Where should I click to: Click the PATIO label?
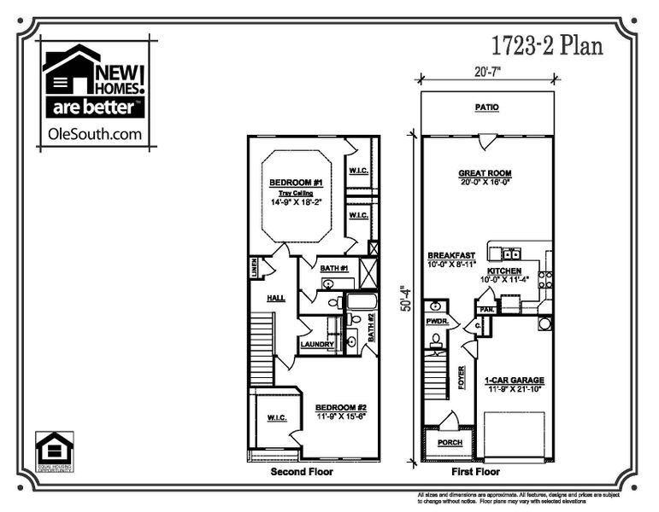[487, 108]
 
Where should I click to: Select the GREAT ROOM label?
[485, 173]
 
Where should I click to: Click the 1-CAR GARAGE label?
[514, 381]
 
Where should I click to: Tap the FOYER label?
[462, 376]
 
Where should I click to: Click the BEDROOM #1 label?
[295, 183]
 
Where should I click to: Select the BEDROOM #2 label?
[341, 407]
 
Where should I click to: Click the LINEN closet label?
[254, 268]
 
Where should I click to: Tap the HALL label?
[275, 298]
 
